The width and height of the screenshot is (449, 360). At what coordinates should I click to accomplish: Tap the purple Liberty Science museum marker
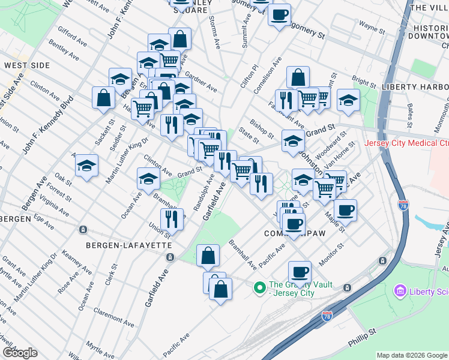click(x=400, y=291)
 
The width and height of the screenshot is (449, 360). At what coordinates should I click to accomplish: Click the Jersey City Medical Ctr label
click(x=406, y=143)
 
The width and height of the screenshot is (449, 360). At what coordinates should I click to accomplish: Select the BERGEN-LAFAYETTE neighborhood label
click(x=128, y=246)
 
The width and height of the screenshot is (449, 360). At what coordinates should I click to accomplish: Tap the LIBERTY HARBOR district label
click(x=415, y=86)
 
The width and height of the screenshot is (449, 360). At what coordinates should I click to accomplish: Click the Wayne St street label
click(x=372, y=27)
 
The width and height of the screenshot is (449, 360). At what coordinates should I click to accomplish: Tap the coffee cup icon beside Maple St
click(x=345, y=211)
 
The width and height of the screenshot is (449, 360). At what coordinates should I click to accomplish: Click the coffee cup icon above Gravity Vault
click(x=300, y=272)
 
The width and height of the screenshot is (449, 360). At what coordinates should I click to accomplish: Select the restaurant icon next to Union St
click(x=172, y=220)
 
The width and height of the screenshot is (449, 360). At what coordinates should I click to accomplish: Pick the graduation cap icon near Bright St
click(x=348, y=100)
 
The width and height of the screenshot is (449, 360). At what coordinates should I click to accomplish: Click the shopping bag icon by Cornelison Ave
click(x=298, y=77)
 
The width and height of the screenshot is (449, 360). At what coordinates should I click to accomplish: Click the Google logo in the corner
click(x=20, y=353)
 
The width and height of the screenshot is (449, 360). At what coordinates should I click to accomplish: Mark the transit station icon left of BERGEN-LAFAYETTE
click(x=83, y=229)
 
